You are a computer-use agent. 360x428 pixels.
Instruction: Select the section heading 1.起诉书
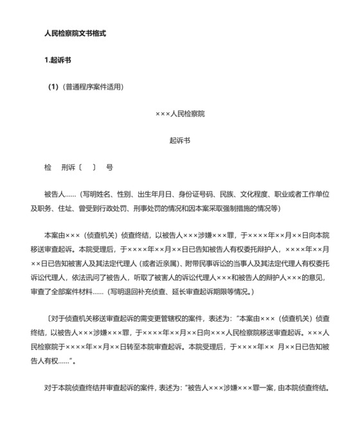click(58, 60)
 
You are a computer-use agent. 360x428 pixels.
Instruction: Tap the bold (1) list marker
click(54, 87)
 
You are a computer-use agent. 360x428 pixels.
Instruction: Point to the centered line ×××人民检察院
click(180, 113)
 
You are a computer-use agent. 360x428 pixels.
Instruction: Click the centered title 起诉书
click(180, 140)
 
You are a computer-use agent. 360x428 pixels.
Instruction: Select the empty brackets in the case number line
click(87, 167)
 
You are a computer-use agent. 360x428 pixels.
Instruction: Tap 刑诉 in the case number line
click(68, 167)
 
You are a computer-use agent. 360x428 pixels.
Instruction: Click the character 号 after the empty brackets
click(109, 167)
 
